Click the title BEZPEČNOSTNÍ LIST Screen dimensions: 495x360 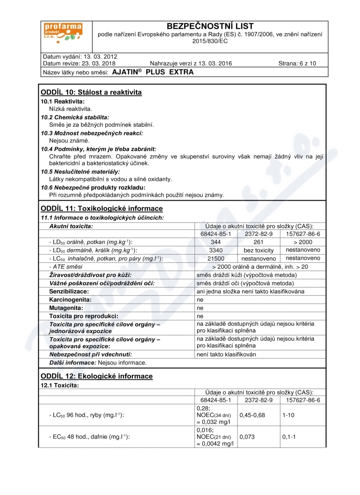210,27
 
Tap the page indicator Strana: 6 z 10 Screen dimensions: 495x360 297,63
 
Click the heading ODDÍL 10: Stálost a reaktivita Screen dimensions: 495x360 91,93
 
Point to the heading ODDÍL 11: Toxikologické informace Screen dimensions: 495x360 101,209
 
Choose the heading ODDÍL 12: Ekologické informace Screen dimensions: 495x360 96,376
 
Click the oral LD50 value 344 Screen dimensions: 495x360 216,242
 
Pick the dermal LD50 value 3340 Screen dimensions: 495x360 216,250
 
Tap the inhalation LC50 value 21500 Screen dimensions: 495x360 216,258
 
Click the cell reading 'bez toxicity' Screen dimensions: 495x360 259,250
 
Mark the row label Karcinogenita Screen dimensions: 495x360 70,300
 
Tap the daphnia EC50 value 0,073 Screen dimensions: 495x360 247,437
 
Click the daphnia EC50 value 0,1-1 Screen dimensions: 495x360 289,437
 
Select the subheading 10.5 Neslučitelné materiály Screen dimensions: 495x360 81,171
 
